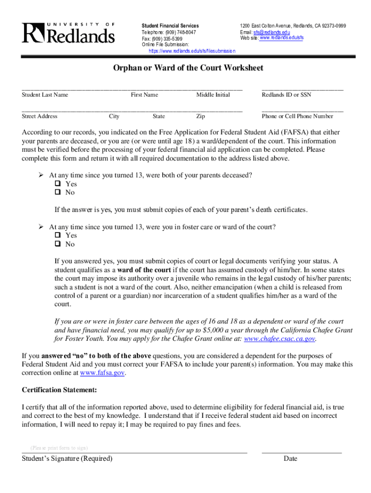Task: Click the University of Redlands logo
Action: pos(68,33)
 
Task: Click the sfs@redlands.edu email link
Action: pos(271,32)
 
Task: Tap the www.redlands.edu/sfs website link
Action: pos(281,38)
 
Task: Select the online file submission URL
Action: pos(192,51)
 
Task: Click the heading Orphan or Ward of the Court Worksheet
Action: pos(188,68)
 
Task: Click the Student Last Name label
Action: pos(45,95)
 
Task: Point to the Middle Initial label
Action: pos(213,95)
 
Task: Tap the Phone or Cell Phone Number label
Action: pos(297,116)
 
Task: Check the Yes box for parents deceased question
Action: pos(57,184)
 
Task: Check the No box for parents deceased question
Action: pos(57,193)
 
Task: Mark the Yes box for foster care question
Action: pos(57,235)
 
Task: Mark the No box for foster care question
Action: pos(57,244)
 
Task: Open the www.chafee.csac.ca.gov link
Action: pos(280,339)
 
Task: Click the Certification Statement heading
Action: pos(59,389)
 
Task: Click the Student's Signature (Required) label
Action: pos(67,458)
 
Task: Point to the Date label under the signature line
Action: pos(291,458)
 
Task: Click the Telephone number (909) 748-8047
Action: pos(169,32)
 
